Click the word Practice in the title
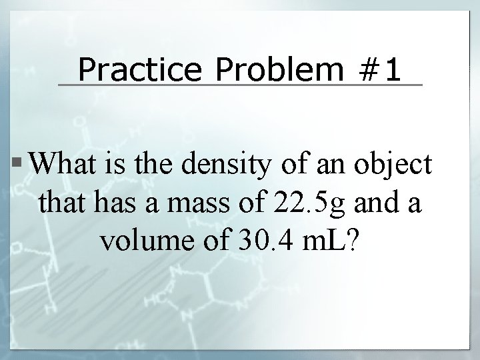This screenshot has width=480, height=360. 127,69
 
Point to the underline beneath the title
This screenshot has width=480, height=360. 240,85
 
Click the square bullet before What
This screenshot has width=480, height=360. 22,162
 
